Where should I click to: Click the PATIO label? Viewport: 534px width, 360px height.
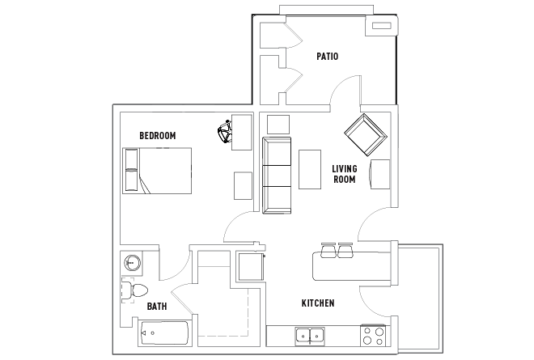tap(328, 56)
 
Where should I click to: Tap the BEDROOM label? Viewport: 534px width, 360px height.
tap(158, 136)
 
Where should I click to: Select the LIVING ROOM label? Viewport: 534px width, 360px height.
tap(345, 174)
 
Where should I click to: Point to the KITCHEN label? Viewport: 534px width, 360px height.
tap(318, 303)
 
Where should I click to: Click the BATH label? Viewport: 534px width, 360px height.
tap(157, 307)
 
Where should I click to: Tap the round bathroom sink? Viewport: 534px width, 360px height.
tap(131, 263)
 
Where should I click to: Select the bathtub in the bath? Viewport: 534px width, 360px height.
tap(163, 332)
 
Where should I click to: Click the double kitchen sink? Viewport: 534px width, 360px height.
tap(310, 336)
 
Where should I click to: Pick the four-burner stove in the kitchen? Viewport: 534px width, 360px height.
tap(373, 336)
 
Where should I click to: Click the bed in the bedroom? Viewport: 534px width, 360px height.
tap(157, 171)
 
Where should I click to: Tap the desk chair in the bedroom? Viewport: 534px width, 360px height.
tap(225, 132)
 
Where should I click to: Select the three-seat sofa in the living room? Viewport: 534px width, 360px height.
tap(277, 176)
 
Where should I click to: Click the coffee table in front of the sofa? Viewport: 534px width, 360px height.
tap(310, 169)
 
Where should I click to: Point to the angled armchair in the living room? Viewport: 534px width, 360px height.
tap(366, 134)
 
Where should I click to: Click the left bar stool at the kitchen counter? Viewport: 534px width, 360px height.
tap(328, 250)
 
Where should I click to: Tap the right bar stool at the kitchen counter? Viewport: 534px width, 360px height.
tap(345, 250)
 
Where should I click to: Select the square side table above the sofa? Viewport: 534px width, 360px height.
tap(278, 125)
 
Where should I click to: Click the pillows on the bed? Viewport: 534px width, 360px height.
tap(131, 171)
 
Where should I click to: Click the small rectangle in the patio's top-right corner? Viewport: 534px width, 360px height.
tap(382, 26)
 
